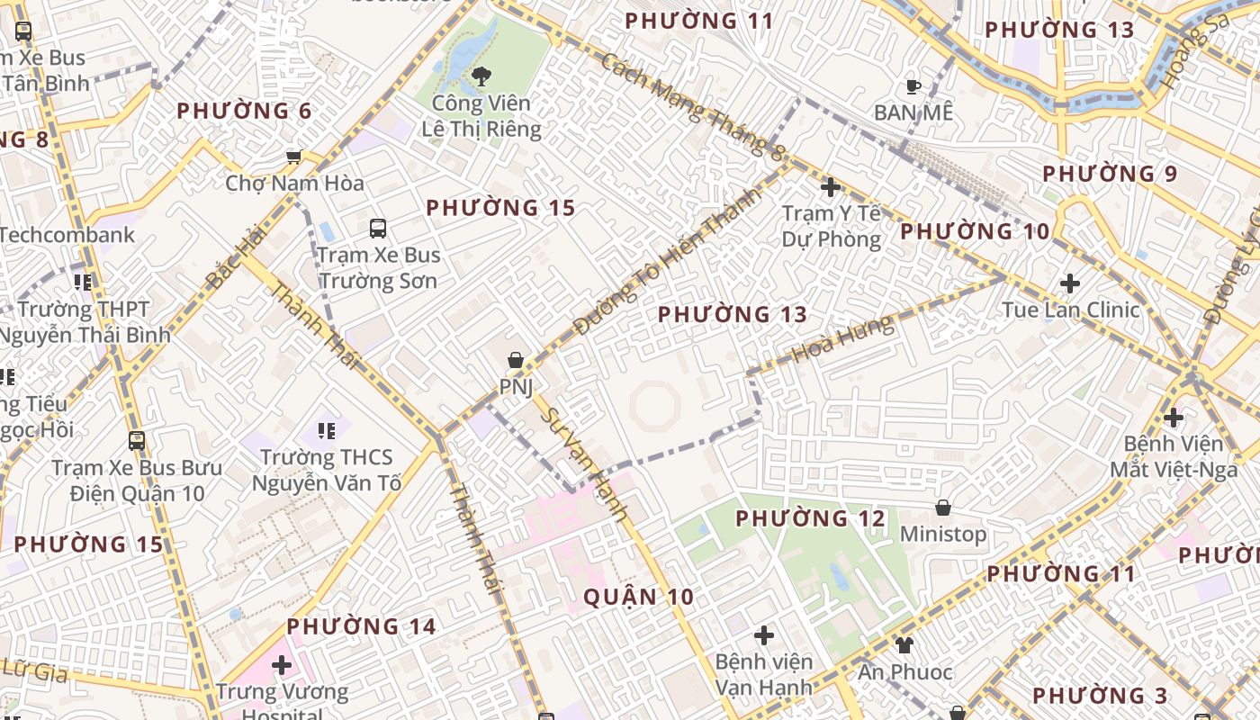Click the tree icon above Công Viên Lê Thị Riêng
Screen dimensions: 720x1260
point(481,76)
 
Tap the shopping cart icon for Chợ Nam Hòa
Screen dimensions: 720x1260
point(293,157)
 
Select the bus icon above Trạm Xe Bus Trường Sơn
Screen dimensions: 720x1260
point(378,229)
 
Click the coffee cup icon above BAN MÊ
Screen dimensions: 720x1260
point(913,87)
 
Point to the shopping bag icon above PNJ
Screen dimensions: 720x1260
point(516,361)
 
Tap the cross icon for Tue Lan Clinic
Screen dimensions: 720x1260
point(1069,283)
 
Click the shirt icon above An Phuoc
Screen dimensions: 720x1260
point(904,645)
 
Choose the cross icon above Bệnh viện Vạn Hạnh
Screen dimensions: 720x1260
point(763,635)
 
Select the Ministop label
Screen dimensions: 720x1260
point(943,534)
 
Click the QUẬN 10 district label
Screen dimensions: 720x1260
point(638,597)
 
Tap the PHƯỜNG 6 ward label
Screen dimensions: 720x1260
point(244,112)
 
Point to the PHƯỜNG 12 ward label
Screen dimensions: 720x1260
point(811,518)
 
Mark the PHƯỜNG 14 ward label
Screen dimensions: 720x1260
point(361,626)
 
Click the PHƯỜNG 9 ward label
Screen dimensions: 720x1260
point(1110,174)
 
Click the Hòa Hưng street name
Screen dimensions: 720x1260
point(843,339)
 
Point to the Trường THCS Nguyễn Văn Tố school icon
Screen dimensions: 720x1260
point(326,431)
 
